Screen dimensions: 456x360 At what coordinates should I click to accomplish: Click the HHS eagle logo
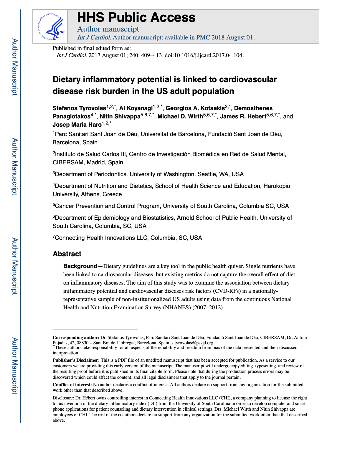point(50,27)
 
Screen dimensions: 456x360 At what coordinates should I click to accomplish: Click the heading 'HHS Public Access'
point(136,18)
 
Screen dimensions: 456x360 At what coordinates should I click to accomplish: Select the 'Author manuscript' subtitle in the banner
point(108,29)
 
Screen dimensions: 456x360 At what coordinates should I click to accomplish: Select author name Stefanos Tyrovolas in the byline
point(79,108)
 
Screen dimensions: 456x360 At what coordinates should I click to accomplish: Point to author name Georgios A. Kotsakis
point(195,108)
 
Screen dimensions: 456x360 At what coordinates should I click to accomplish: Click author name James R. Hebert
point(243,116)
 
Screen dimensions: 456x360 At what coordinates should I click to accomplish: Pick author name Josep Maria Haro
point(77,125)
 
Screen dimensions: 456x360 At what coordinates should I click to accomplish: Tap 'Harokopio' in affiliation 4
point(277,186)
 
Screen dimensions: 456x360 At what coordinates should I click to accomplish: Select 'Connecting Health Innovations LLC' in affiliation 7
point(101,238)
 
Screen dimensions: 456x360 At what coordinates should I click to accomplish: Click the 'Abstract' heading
point(67,254)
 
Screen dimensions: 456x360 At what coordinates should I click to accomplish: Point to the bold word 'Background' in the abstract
point(80,266)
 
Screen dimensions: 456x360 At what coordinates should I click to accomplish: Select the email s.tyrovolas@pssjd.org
point(193,343)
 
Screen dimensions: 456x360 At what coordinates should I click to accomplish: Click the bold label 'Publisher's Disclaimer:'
point(76,360)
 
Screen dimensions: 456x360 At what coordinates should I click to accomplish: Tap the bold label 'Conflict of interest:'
point(72,385)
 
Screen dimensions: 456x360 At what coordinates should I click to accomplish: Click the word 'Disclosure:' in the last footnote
point(63,398)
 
